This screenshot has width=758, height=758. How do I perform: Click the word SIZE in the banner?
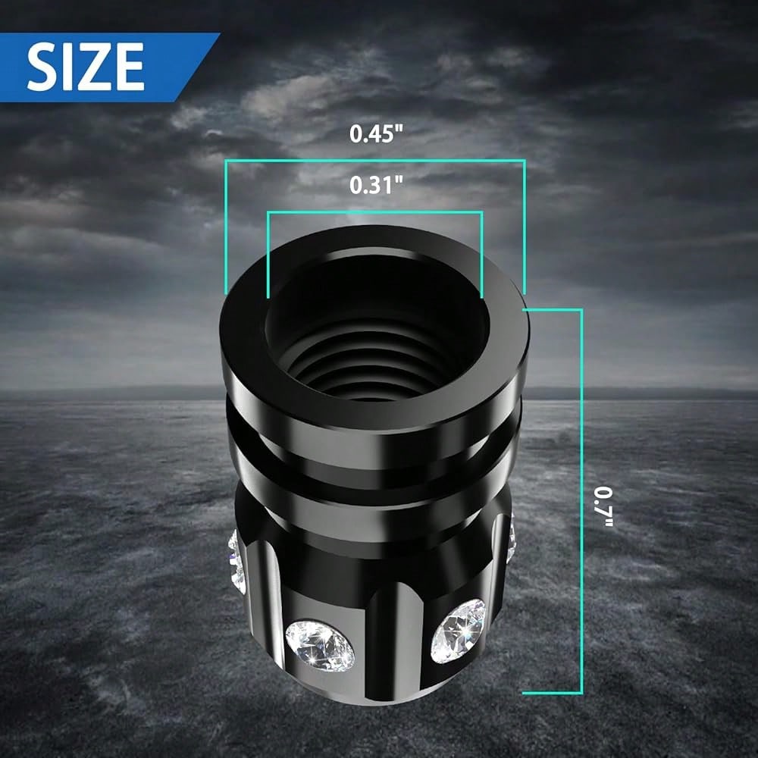pyautogui.click(x=86, y=67)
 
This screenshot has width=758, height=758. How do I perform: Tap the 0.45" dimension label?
pyautogui.click(x=376, y=134)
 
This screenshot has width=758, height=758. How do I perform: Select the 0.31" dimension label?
pyautogui.click(x=376, y=185)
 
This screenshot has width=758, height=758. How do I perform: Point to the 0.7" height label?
pyautogui.click(x=604, y=506)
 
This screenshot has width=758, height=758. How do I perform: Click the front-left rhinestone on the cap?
pyautogui.click(x=320, y=646)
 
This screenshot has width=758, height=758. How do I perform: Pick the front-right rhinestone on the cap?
pyautogui.click(x=458, y=631)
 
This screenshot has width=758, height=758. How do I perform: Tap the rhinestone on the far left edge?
pyautogui.click(x=236, y=562)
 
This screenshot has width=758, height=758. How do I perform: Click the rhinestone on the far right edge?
pyautogui.click(x=510, y=539)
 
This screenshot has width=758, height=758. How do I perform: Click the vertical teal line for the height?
pyautogui.click(x=581, y=501)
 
